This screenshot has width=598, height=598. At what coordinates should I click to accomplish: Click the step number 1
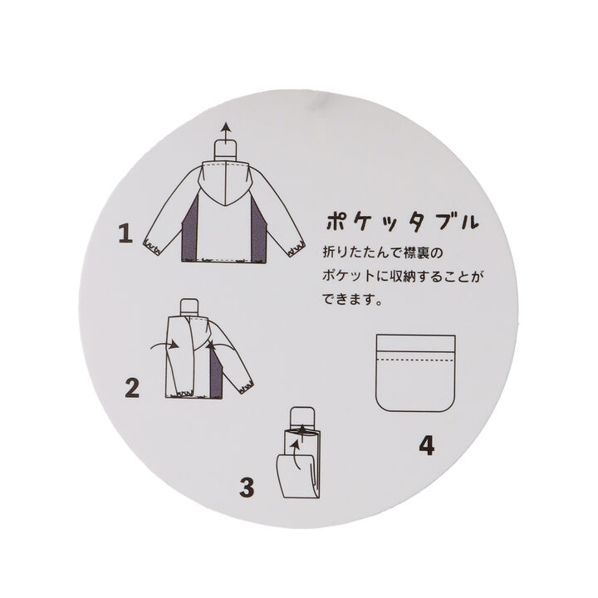[125, 233]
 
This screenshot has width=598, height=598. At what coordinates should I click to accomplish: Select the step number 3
[246, 487]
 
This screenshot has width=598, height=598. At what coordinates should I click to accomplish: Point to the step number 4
[426, 446]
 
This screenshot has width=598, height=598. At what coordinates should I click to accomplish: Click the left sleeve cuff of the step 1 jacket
[152, 246]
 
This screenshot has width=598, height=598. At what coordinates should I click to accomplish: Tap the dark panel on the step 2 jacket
[216, 374]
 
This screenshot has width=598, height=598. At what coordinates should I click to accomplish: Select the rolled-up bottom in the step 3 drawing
[295, 478]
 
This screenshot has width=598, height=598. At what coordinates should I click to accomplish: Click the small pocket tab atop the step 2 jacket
[190, 306]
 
